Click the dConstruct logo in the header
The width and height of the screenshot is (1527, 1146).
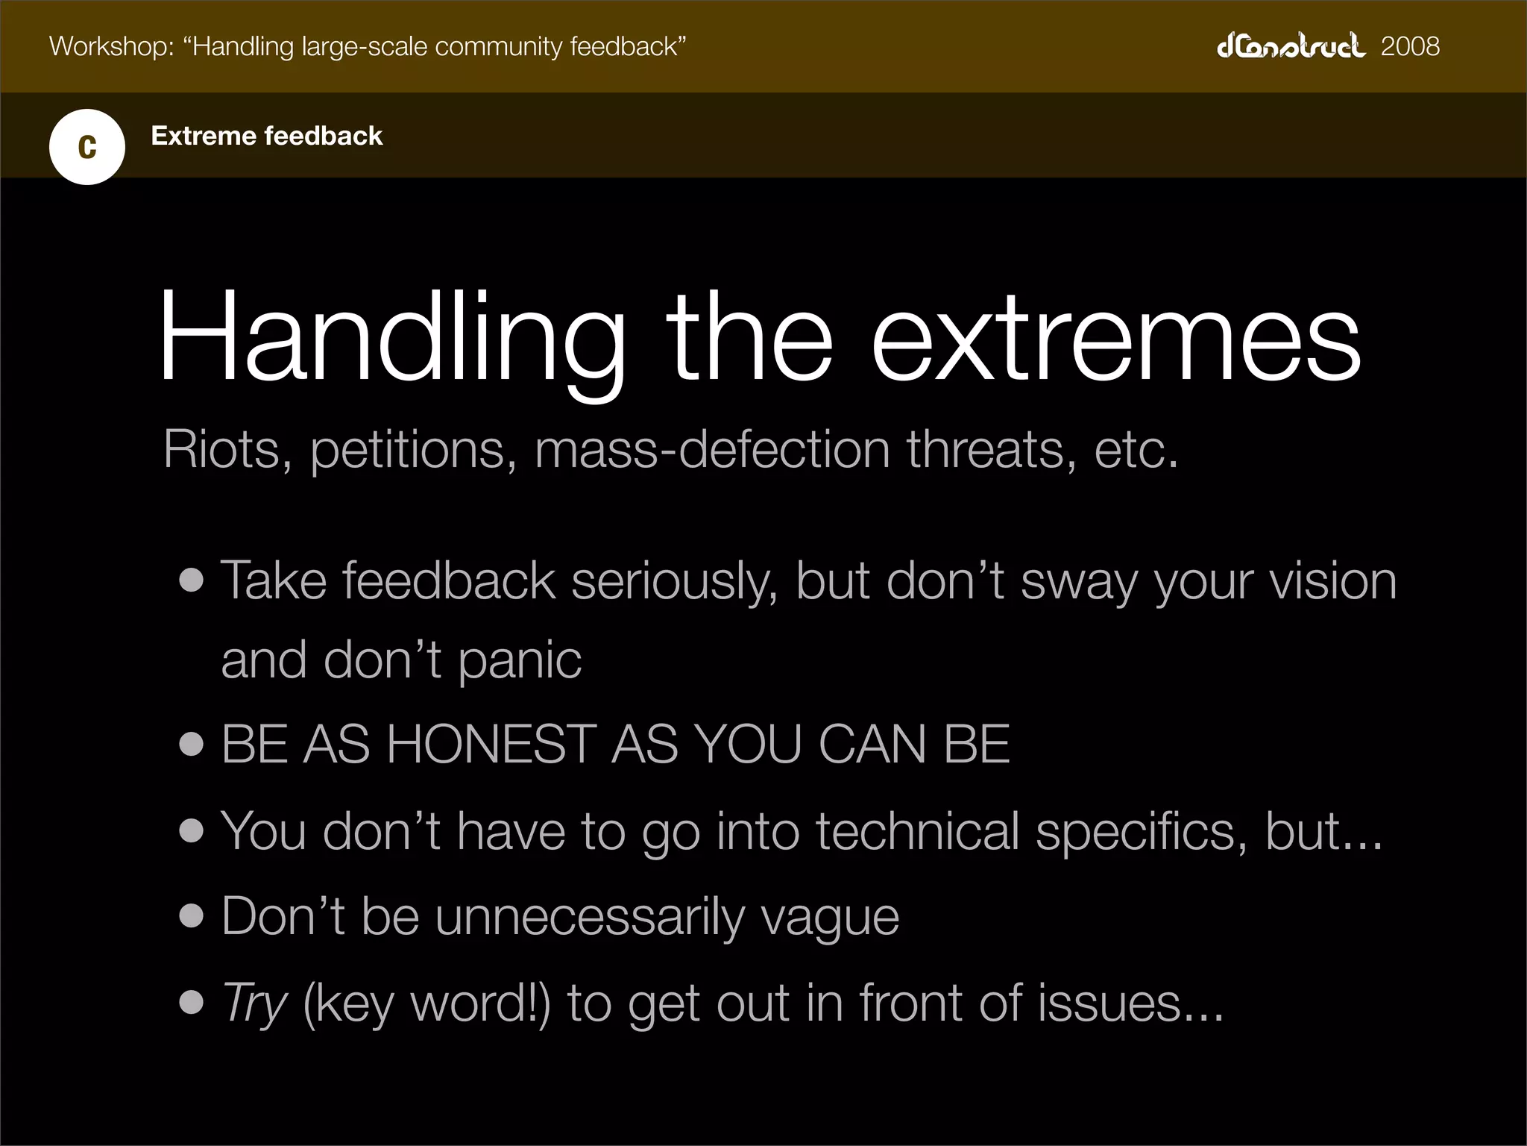tap(1291, 46)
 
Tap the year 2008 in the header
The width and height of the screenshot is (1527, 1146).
tap(1410, 46)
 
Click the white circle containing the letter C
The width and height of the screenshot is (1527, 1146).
tap(87, 147)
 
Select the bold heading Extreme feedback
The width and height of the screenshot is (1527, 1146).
tap(266, 136)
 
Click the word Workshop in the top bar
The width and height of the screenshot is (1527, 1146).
tap(110, 46)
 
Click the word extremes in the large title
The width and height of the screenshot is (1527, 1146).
tap(1116, 339)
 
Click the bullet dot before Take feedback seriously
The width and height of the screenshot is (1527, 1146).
tap(192, 580)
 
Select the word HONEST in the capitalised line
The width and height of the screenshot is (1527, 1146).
tap(491, 745)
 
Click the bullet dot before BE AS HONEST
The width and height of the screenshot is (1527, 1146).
tap(192, 745)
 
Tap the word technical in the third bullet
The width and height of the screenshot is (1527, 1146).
tap(917, 831)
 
